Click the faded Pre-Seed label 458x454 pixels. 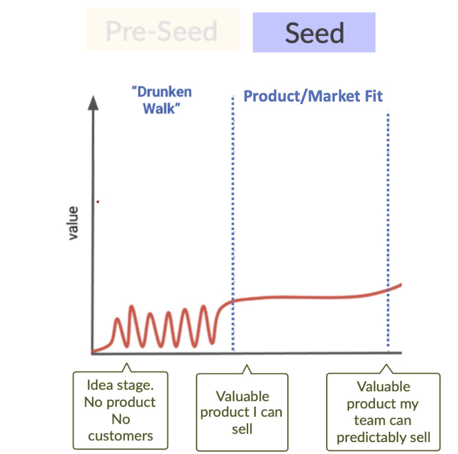pyautogui.click(x=161, y=31)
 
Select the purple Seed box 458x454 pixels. pyautogui.click(x=314, y=32)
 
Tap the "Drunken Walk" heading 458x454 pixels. pyautogui.click(x=161, y=100)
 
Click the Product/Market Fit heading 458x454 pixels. pyautogui.click(x=313, y=96)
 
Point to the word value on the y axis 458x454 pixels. pyautogui.click(x=73, y=224)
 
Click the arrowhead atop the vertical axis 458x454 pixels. pyautogui.click(x=93, y=103)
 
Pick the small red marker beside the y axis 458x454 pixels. pyautogui.click(x=97, y=202)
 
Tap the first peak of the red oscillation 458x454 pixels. pyautogui.click(x=117, y=318)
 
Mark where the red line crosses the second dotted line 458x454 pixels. pyautogui.click(x=388, y=290)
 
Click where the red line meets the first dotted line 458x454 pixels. pyautogui.click(x=233, y=300)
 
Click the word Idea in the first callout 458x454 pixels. pyautogui.click(x=100, y=385)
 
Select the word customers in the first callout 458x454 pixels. pyautogui.click(x=120, y=436)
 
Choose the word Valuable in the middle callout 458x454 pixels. pyautogui.click(x=243, y=397)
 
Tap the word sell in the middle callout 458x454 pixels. pyautogui.click(x=242, y=429)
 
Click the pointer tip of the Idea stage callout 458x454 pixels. pyautogui.click(x=127, y=364)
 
